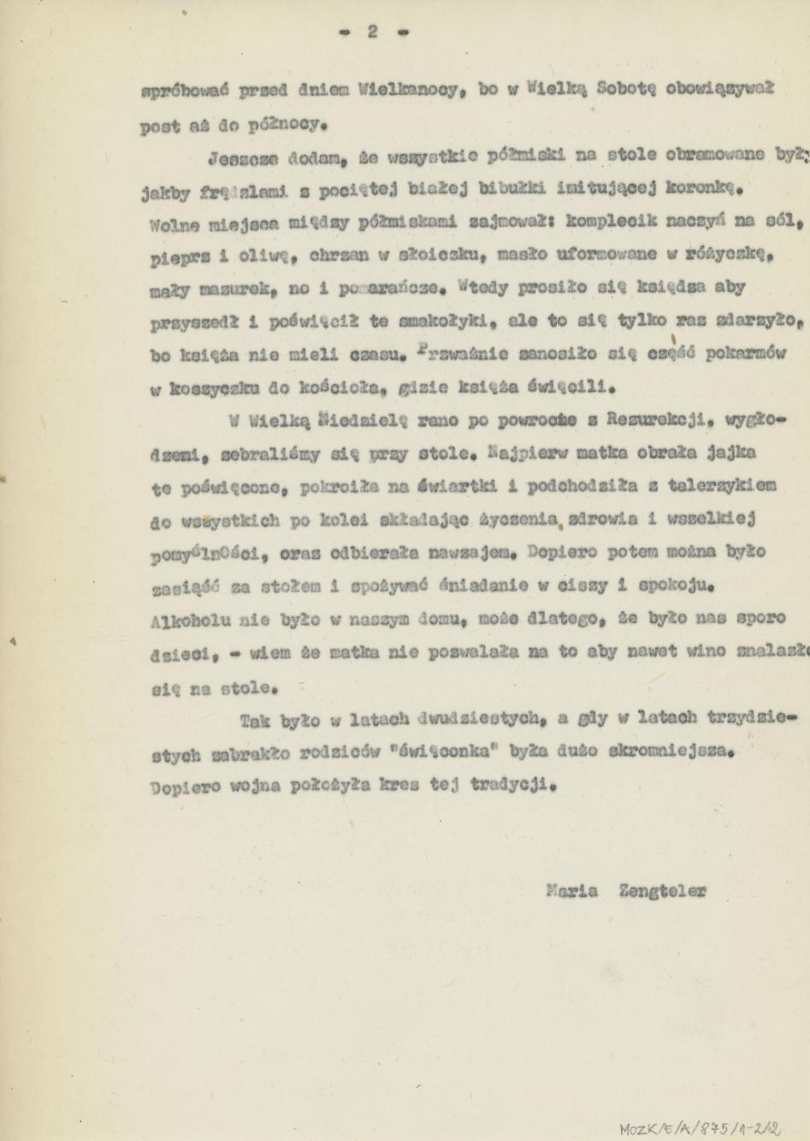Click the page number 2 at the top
pyautogui.click(x=372, y=32)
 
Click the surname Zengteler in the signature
pyautogui.click(x=662, y=890)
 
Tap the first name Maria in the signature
pyautogui.click(x=571, y=890)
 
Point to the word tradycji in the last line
pyautogui.click(x=511, y=784)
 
